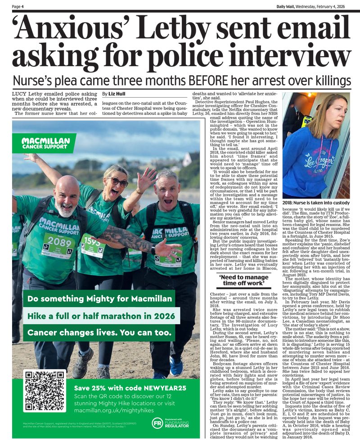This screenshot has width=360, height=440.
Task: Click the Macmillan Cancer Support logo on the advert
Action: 45,143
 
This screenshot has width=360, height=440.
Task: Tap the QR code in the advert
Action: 44,391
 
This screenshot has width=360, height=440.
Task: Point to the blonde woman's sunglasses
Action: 117,182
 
